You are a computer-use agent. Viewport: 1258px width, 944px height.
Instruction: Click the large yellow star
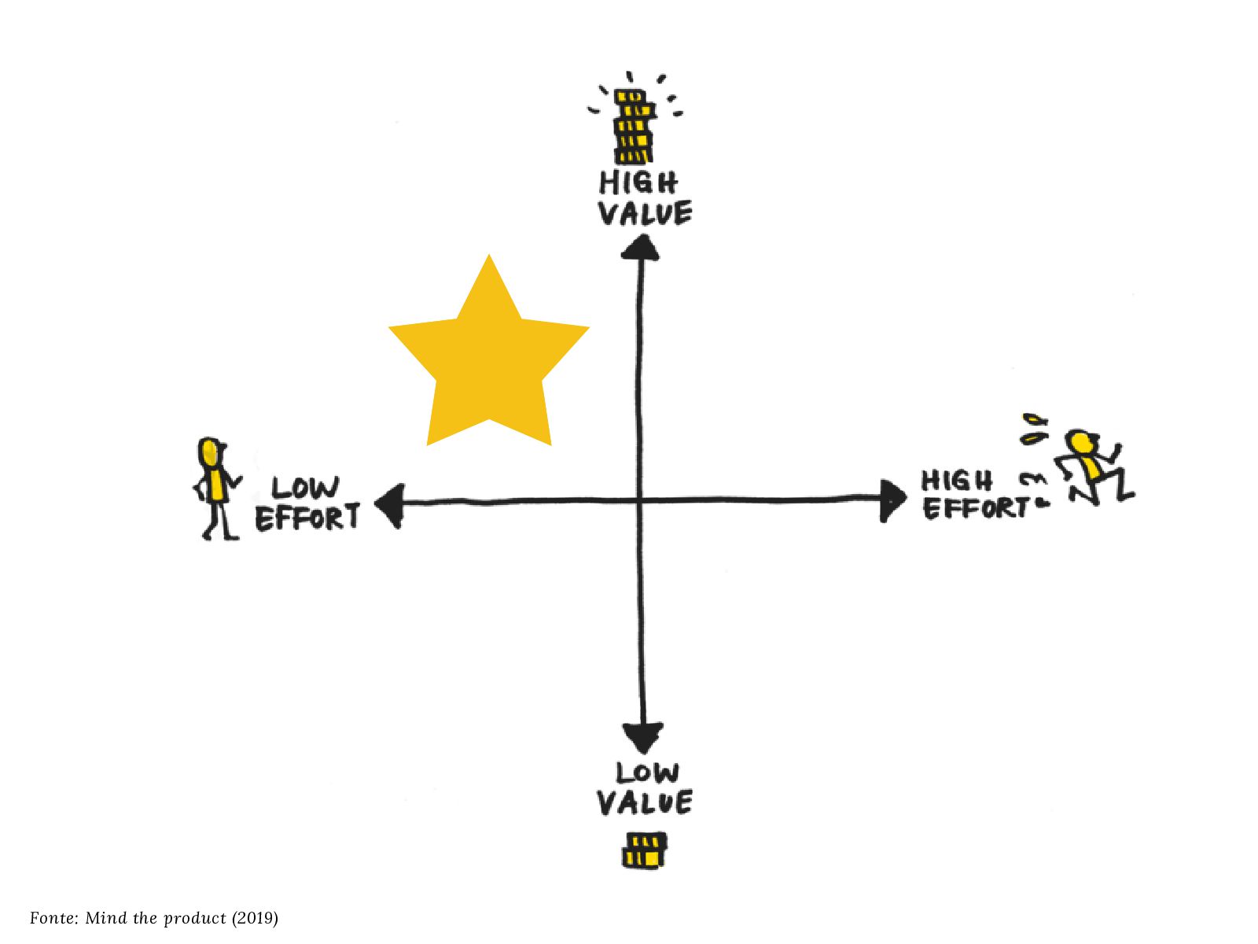[489, 358]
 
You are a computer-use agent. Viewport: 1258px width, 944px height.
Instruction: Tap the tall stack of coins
[633, 126]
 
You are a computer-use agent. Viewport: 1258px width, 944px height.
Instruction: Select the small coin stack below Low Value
[645, 850]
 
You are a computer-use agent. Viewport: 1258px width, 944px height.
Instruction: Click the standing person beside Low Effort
[214, 488]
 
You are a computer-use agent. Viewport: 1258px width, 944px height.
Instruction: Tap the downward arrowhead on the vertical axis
[642, 738]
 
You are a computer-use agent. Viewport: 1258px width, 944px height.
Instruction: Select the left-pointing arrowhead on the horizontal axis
[390, 505]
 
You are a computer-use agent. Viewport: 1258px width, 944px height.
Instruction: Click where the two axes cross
[639, 500]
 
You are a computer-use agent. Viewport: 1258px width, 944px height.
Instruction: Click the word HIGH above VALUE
[638, 183]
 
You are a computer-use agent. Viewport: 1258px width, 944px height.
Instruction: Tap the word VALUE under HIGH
[645, 213]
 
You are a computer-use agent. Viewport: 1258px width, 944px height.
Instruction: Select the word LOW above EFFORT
[306, 489]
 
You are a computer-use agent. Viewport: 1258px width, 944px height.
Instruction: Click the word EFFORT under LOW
[307, 518]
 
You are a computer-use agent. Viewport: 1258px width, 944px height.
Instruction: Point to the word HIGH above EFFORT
[957, 480]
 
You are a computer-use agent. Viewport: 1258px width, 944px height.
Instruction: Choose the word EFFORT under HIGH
[974, 508]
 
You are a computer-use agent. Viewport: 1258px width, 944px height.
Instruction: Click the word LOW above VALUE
[647, 773]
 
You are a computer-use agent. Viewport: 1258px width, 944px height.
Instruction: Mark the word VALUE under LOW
[645, 803]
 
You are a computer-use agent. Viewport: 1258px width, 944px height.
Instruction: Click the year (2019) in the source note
[255, 918]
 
